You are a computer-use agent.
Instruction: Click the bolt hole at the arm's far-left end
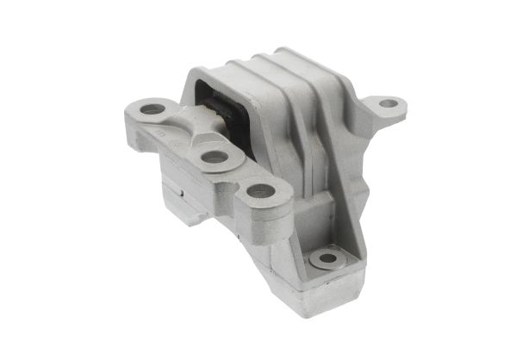(x=152, y=109)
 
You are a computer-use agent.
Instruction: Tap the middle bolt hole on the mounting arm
(x=212, y=158)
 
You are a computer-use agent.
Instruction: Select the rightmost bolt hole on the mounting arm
(x=261, y=190)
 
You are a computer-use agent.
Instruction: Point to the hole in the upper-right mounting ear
(x=389, y=104)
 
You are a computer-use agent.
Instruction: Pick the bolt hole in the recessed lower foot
(x=328, y=257)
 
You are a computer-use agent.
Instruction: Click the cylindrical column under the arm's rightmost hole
(x=267, y=226)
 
